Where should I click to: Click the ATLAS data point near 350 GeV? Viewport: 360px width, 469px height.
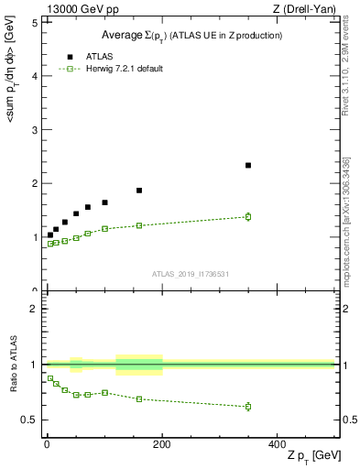(x=248, y=165)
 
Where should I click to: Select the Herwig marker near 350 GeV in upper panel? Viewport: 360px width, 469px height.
(x=248, y=216)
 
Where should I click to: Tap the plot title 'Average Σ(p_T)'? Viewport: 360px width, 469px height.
(x=191, y=35)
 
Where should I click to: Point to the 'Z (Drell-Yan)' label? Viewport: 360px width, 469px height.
(x=308, y=8)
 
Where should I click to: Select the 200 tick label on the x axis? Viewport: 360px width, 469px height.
(x=162, y=443)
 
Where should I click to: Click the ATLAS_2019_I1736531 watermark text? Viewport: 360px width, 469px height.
(x=191, y=273)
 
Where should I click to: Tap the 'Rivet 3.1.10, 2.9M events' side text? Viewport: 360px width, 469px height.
(x=346, y=78)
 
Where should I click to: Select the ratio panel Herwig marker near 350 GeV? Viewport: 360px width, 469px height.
(x=248, y=406)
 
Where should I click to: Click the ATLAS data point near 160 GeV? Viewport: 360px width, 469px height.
(x=139, y=191)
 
